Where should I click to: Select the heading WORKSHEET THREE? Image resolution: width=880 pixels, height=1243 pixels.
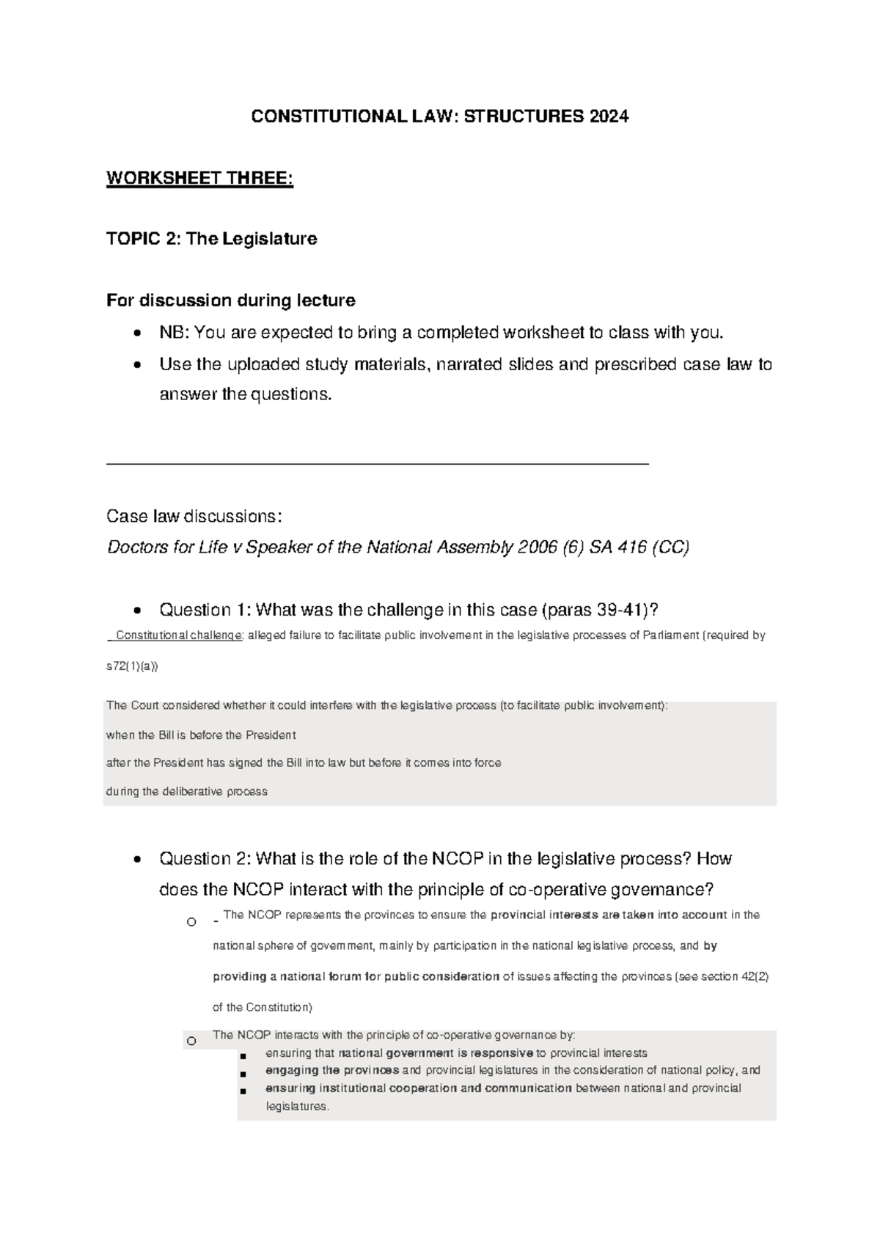[x=199, y=178]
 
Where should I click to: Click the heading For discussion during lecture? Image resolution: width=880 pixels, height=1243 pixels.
[x=230, y=300]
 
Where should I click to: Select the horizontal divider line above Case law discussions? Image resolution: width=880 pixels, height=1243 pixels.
[x=378, y=464]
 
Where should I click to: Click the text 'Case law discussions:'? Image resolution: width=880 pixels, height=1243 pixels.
[x=194, y=516]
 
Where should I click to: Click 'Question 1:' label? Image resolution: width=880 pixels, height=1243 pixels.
[x=205, y=610]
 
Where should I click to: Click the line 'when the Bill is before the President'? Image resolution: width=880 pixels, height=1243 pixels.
[x=201, y=735]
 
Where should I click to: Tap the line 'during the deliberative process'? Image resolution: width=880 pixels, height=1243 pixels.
[x=186, y=792]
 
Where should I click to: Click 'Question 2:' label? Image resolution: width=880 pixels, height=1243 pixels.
[x=205, y=858]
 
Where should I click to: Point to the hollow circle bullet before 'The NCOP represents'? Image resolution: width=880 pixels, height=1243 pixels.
[x=191, y=922]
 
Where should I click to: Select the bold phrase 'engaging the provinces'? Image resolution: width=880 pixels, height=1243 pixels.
[x=332, y=1070]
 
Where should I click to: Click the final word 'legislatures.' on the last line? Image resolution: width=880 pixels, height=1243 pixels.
[x=297, y=1106]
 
